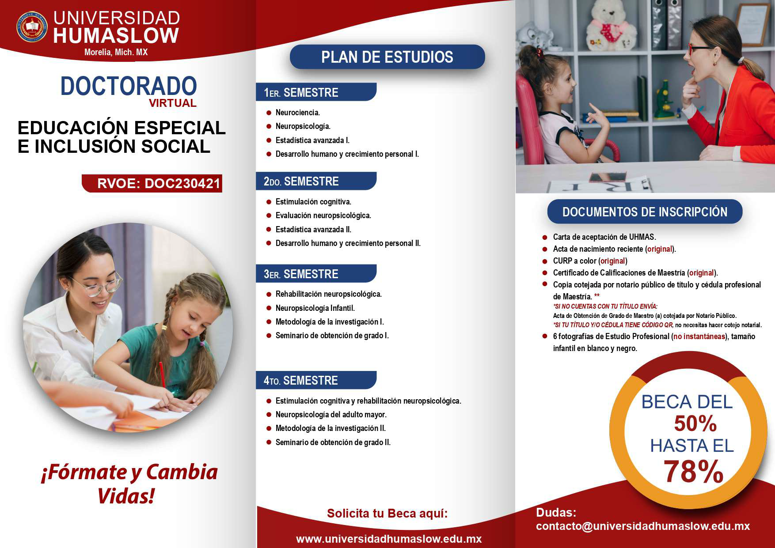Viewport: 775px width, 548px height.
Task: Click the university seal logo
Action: pos(31,26)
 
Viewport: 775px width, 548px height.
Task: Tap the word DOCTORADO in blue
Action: pos(128,86)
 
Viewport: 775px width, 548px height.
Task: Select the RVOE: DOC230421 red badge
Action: pos(152,183)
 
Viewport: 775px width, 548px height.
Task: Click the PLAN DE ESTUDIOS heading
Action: pos(387,57)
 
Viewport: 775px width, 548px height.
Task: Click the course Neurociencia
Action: pos(297,113)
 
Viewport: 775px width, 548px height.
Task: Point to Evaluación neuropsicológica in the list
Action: pos(323,215)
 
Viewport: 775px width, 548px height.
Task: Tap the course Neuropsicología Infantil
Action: pos(315,308)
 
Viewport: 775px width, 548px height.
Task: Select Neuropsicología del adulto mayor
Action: pos(331,415)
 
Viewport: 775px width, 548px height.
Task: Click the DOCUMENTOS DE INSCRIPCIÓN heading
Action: pos(645,212)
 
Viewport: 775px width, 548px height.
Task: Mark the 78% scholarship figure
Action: pos(693,472)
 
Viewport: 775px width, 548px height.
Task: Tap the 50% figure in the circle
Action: pos(695,424)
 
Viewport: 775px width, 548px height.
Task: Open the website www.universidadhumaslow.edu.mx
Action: pos(388,539)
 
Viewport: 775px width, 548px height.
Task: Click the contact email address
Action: pos(643,526)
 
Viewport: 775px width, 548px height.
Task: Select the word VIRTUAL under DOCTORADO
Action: pos(172,103)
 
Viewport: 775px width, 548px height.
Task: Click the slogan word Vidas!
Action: pos(126,496)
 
